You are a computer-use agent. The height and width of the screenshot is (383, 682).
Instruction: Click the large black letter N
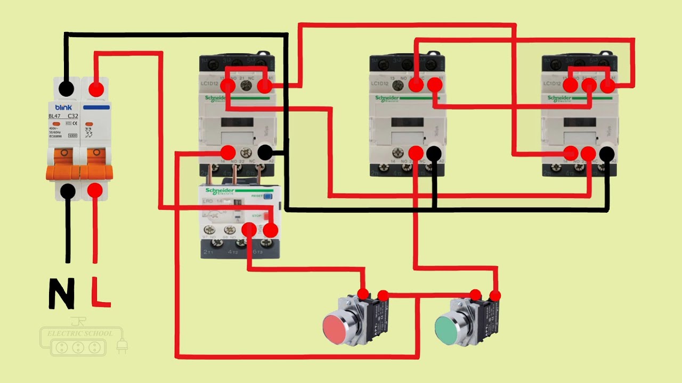pos(61,294)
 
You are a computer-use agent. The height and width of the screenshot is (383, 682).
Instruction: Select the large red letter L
pos(100,292)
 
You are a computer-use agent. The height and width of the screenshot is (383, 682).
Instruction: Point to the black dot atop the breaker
pos(67,88)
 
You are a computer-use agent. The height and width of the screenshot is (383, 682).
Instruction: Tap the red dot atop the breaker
pos(96,89)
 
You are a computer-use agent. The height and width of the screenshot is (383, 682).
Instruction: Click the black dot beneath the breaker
pos(68,190)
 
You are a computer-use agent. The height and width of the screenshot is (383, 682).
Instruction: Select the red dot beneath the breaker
pos(95,190)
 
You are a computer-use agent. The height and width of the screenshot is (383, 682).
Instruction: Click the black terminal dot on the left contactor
pos(265,153)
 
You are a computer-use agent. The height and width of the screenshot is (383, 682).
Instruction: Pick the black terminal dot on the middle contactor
pos(434,154)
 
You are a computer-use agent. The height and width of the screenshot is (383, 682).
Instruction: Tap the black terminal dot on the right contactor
pos(607,154)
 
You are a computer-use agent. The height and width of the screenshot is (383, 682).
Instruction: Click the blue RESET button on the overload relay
pos(267,196)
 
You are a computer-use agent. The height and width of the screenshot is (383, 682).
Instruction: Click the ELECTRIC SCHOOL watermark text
pos(80,334)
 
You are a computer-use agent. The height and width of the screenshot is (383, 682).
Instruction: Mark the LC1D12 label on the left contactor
pos(210,84)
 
